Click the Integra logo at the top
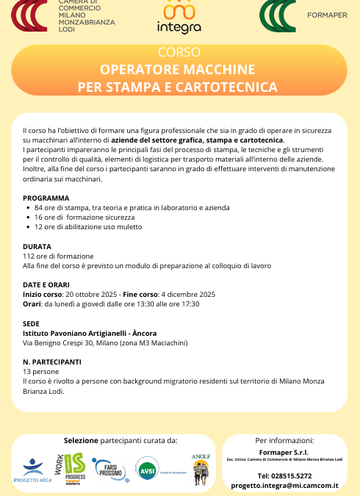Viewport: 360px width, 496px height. click(179, 18)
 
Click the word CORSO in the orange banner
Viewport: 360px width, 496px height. click(179, 53)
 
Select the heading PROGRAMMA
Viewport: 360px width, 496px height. click(46, 198)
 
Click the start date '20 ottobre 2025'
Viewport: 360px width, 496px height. click(92, 294)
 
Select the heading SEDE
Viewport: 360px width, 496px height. click(32, 323)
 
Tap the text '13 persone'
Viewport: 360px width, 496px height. click(40, 372)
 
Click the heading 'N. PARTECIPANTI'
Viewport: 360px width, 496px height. click(52, 362)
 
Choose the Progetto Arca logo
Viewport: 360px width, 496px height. click(33, 471)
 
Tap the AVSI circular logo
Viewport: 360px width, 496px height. click(148, 469)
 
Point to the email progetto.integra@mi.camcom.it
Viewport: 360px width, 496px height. click(284, 486)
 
